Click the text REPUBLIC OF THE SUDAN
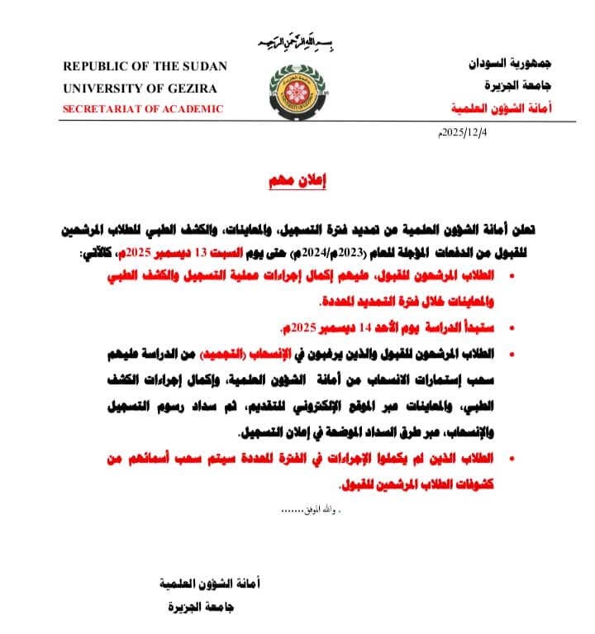click(x=145, y=66)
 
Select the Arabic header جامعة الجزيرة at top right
click(x=519, y=85)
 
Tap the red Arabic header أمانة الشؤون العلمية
click(x=502, y=108)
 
